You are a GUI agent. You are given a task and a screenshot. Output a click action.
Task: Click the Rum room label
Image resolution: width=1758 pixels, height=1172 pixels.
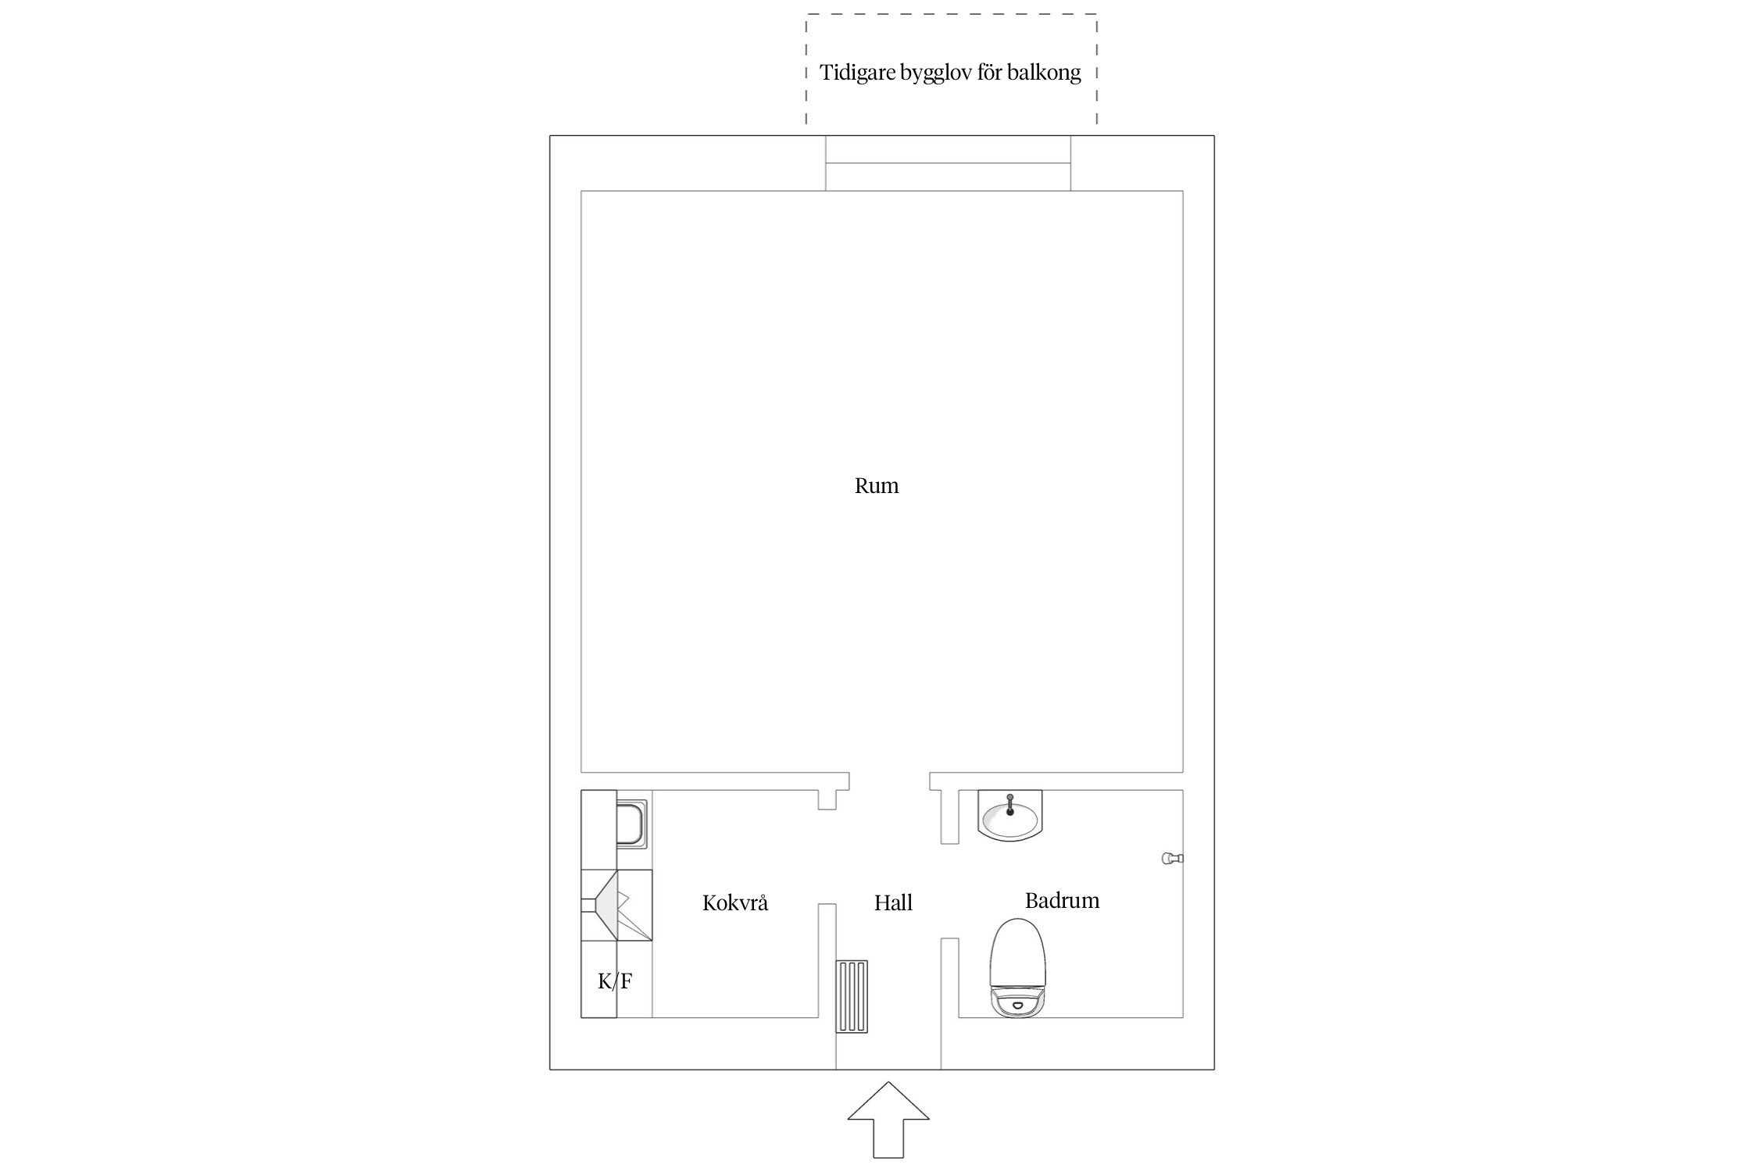pos(876,486)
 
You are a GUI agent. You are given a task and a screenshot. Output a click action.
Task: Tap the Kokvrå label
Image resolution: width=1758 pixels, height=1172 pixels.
pos(734,902)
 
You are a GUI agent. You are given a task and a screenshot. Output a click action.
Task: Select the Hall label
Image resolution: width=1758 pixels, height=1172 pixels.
pos(893,903)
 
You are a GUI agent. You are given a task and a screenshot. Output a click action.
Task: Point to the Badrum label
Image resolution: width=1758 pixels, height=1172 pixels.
pos(1062,901)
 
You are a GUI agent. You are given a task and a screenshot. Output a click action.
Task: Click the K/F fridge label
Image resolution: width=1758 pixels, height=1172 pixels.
pos(615,981)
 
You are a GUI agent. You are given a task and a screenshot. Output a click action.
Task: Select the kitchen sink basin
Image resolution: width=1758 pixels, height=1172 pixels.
pos(632,823)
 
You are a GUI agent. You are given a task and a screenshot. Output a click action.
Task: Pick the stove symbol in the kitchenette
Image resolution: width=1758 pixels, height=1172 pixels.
pos(616,905)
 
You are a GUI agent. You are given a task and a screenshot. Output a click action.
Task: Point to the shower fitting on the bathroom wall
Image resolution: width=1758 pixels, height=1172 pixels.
pos(1173,858)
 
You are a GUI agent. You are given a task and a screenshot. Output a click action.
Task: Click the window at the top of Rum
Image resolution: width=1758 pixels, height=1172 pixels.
pos(948,163)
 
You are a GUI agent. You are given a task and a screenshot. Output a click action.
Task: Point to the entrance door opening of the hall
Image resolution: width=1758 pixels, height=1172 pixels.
pos(888,1069)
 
